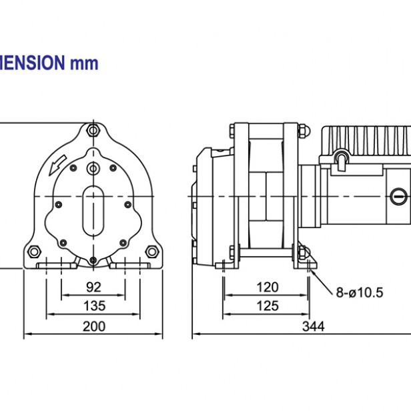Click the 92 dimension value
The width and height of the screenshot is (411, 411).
(93, 288)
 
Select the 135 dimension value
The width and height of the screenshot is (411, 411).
(93, 306)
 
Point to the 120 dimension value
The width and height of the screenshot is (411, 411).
(267, 288)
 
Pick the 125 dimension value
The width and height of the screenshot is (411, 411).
(267, 306)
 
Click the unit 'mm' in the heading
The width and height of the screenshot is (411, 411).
(84, 64)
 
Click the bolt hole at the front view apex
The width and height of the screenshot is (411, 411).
(93, 129)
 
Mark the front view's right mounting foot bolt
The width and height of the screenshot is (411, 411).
(152, 251)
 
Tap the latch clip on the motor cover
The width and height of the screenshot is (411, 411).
(342, 159)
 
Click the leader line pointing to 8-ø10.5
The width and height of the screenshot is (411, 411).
(323, 281)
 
